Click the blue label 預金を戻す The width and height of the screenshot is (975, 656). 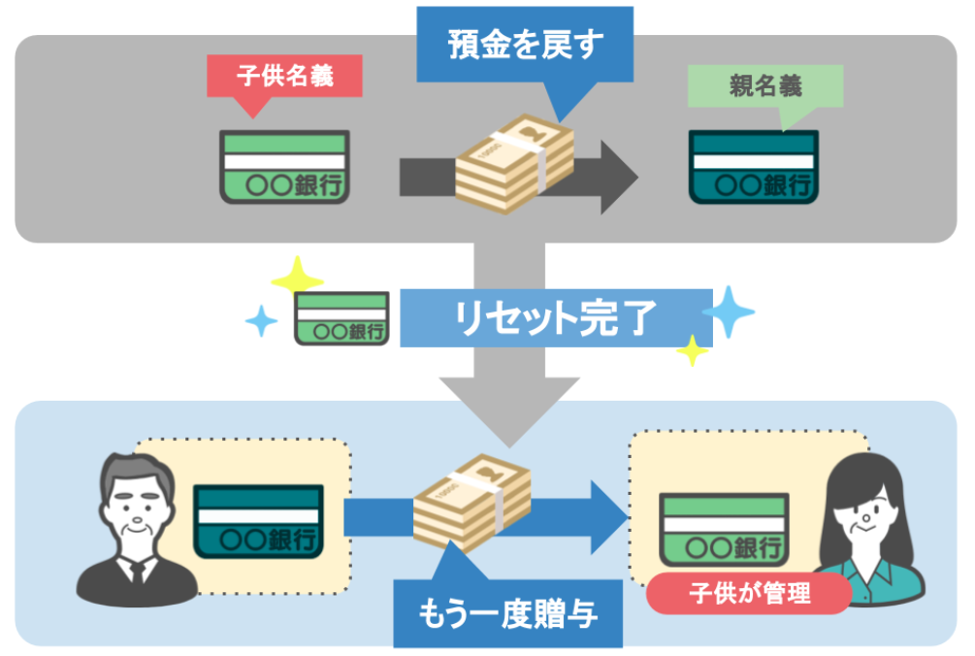[x=525, y=45]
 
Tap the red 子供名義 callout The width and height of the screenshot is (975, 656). [x=284, y=77]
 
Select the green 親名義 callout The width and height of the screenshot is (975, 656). [x=764, y=86]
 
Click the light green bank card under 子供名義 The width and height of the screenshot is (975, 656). [x=283, y=167]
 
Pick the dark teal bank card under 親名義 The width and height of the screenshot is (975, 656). [x=754, y=167]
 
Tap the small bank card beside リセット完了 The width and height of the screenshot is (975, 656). [x=341, y=318]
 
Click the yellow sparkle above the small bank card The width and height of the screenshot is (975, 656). [x=297, y=276]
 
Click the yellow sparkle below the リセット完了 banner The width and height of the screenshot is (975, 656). [x=692, y=350]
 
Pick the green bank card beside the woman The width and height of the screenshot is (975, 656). [x=722, y=529]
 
